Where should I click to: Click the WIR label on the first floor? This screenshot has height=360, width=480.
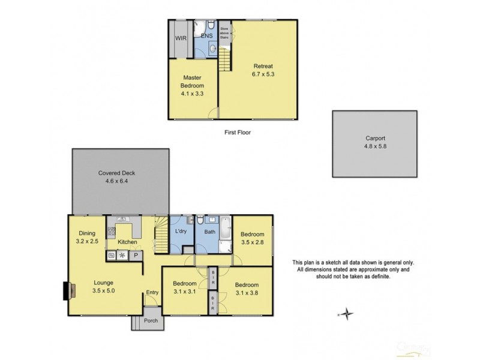pos(180,38)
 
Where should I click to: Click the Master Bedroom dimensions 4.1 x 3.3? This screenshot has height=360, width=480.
pos(192,94)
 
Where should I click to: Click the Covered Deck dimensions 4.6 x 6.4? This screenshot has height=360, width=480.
pos(116,181)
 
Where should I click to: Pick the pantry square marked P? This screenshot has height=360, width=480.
pos(136,255)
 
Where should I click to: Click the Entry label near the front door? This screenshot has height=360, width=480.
pos(152,292)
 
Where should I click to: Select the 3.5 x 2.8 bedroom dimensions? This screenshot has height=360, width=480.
pos(253,243)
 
